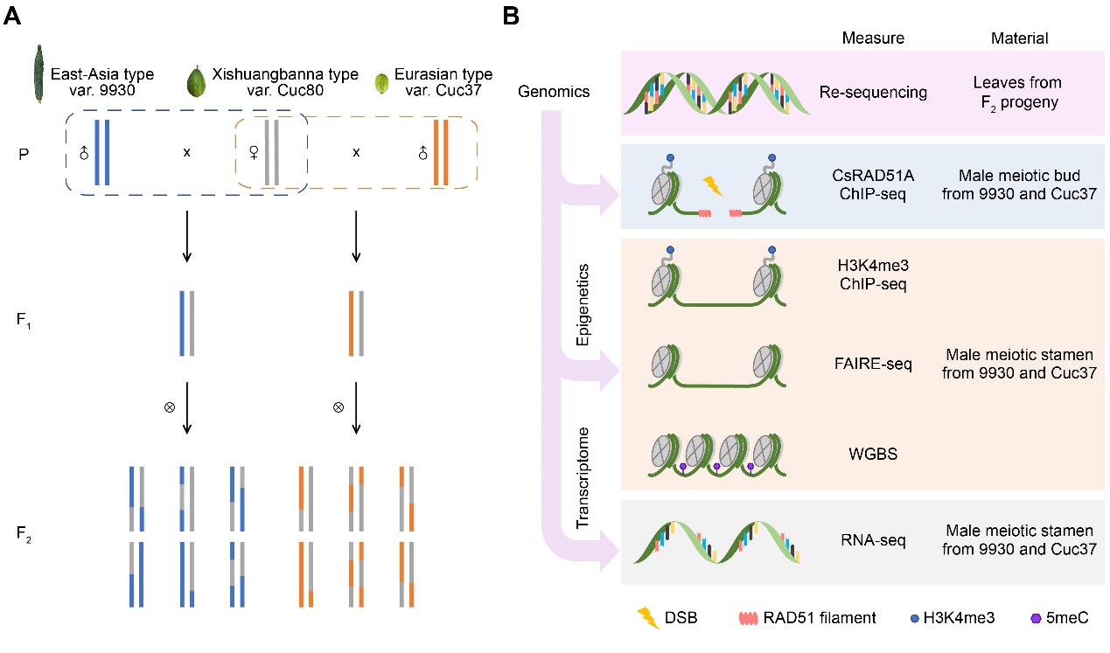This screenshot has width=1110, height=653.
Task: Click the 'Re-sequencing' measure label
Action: [x=872, y=92]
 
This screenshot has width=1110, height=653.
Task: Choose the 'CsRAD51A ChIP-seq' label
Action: [x=873, y=186]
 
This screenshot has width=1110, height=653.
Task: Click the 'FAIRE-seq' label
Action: [x=873, y=364]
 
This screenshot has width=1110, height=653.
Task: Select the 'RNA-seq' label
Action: [x=873, y=539]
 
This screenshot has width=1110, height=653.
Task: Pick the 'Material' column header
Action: [x=1022, y=38]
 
